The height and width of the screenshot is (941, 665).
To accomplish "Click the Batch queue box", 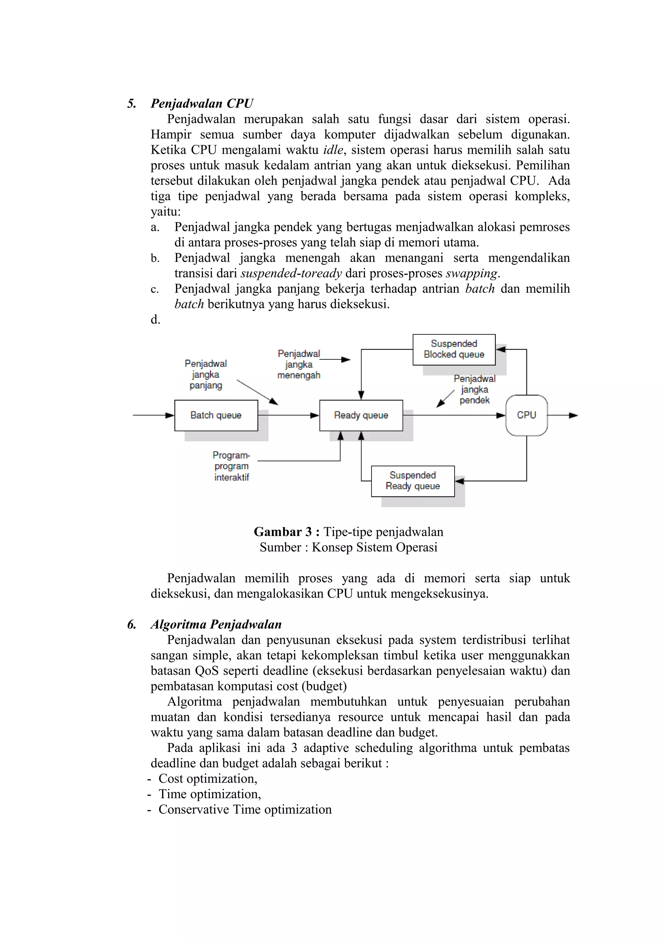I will (x=216, y=415).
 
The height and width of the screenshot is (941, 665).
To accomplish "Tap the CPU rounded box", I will (x=526, y=415).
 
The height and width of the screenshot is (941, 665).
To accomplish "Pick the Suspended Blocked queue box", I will (x=454, y=349).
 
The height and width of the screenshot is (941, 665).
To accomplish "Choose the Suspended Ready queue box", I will (x=413, y=481).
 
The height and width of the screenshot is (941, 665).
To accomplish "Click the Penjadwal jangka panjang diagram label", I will (x=206, y=374).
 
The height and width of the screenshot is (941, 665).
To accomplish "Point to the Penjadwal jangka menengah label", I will (x=299, y=364).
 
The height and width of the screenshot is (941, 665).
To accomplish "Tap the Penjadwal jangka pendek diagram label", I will (x=474, y=389).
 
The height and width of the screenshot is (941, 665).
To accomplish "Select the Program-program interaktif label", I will (x=232, y=466).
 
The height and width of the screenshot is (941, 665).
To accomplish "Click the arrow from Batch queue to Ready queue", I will (x=288, y=415).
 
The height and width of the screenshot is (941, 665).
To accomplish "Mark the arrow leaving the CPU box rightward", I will (x=562, y=415).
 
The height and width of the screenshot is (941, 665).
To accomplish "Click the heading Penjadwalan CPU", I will (x=202, y=103).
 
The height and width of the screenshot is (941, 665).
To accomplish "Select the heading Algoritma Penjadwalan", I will (x=216, y=624).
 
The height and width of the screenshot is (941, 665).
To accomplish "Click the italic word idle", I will (x=333, y=150).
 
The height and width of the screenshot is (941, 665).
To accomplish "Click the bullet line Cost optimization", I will (x=208, y=779).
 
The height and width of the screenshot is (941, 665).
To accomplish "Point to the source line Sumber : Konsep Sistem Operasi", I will (x=348, y=547).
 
